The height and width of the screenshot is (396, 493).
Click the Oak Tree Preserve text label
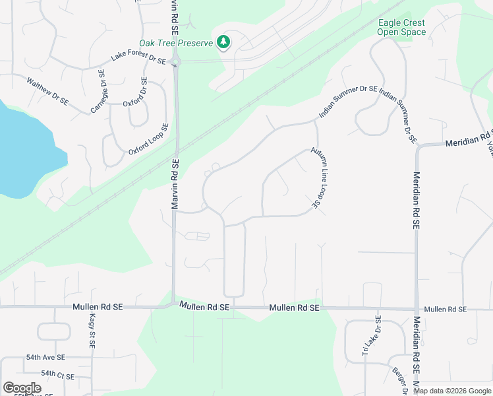point(176,43)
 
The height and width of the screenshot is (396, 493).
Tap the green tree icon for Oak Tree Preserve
point(223,42)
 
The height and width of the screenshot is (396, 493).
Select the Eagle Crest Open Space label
point(401,27)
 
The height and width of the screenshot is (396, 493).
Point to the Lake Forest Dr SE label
point(138,57)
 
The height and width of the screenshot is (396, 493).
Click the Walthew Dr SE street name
point(47,92)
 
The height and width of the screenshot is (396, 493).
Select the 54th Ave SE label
point(45,357)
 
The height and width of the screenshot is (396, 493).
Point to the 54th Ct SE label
point(57,373)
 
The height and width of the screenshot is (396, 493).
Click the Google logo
point(22,388)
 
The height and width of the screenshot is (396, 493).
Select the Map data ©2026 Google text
point(451,391)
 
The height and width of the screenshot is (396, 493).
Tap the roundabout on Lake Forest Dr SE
point(175,63)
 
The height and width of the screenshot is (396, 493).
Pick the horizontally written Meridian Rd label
point(468,142)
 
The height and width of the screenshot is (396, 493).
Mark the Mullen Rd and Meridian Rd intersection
point(417,309)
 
